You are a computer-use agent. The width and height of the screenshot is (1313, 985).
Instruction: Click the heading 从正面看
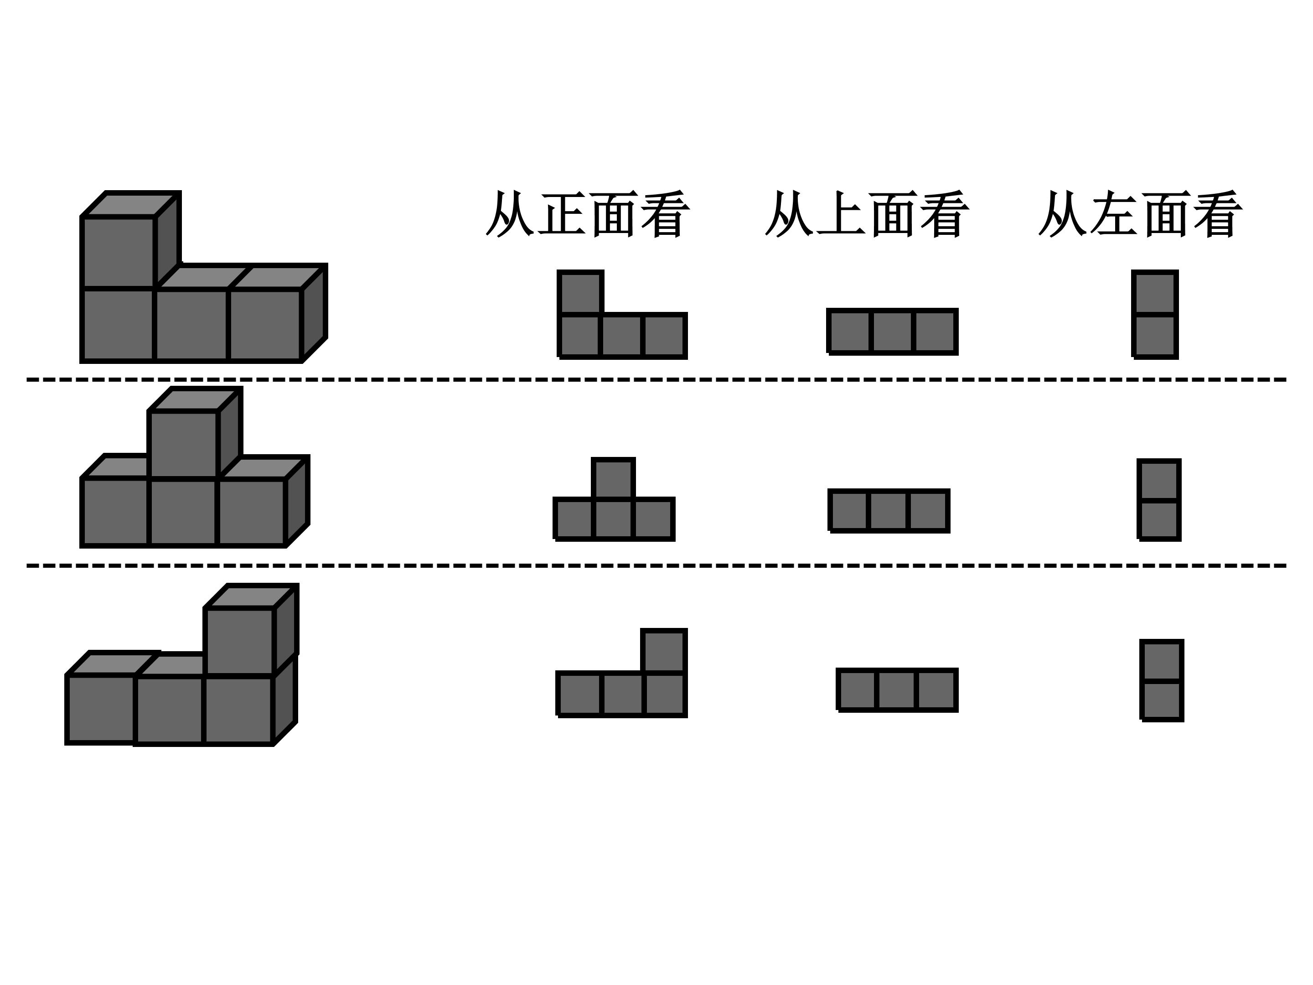(588, 214)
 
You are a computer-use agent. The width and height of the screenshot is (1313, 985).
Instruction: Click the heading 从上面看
(867, 214)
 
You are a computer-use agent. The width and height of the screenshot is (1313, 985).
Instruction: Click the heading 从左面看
(1140, 214)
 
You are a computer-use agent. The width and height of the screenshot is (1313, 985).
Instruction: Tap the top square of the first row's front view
(580, 292)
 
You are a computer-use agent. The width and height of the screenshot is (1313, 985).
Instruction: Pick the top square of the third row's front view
(664, 651)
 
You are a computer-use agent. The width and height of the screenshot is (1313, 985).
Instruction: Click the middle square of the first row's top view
(892, 332)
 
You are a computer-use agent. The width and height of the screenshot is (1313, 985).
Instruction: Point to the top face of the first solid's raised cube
(130, 205)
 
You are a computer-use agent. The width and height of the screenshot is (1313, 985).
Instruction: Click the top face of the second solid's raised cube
(195, 399)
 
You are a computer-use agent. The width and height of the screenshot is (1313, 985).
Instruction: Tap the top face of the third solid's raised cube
(250, 596)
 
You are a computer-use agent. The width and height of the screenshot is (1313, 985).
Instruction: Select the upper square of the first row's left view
(1154, 293)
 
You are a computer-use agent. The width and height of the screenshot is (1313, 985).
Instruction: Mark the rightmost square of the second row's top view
(928, 511)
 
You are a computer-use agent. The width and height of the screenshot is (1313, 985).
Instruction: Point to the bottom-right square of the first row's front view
(664, 336)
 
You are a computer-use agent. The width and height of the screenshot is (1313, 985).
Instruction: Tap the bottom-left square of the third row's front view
(579, 694)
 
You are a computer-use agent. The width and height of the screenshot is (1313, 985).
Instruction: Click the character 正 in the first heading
(562, 214)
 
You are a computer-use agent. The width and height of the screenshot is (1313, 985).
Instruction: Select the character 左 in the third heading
(1114, 214)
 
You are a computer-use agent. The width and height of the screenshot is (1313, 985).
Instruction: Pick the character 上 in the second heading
(841, 214)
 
